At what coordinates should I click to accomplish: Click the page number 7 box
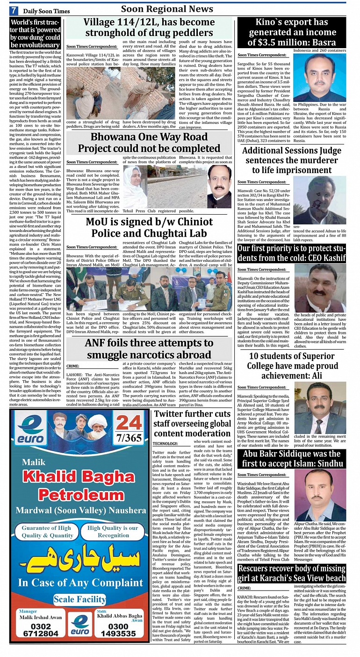tap(14, 10)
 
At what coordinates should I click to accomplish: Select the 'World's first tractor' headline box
tap(35, 34)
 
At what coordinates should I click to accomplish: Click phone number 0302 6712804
tap(41, 629)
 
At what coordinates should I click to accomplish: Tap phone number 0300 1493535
tap(119, 629)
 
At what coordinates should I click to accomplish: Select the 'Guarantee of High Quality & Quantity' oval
tap(47, 532)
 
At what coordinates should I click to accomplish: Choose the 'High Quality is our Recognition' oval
tap(113, 532)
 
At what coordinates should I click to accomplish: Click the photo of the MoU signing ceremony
tap(149, 289)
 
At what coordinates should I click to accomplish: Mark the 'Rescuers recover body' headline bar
tap(292, 572)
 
